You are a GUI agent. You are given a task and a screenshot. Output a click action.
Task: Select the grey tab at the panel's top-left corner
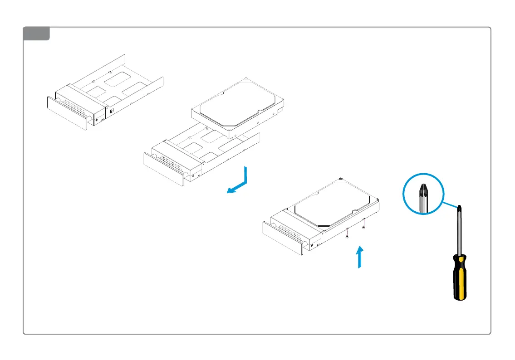(36, 34)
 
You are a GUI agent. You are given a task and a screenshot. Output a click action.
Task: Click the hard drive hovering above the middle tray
(237, 107)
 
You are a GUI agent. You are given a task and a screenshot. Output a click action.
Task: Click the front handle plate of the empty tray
(66, 113)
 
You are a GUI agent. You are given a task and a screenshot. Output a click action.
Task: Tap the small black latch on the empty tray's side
(111, 110)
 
